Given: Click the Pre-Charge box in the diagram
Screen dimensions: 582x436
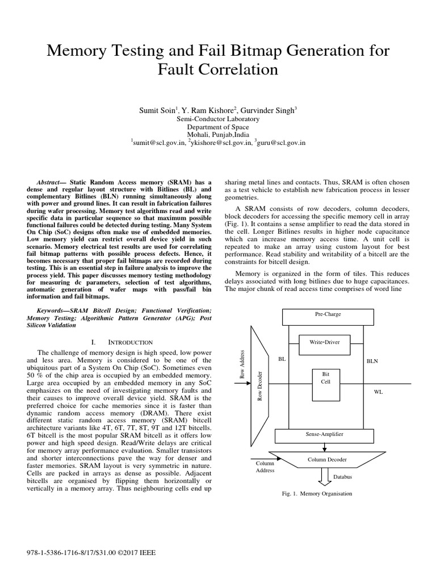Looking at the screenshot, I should pyautogui.click(x=328, y=314).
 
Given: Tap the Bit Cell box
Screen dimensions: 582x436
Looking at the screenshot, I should pyautogui.click(x=325, y=378).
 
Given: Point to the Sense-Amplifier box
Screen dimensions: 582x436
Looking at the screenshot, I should pyautogui.click(x=324, y=435).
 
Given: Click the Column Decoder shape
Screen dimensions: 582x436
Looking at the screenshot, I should pyautogui.click(x=326, y=459).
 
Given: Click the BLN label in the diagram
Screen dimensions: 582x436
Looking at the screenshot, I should pyautogui.click(x=372, y=360).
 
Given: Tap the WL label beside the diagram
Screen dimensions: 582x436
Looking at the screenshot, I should pyautogui.click(x=378, y=392).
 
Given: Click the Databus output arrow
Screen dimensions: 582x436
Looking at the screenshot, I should pyautogui.click(x=325, y=477).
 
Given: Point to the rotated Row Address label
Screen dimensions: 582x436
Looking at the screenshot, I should pyautogui.click(x=241, y=365).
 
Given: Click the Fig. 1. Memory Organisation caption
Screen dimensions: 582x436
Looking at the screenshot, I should pyautogui.click(x=317, y=493).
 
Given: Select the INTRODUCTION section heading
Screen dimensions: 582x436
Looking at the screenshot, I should pyautogui.click(x=126, y=342).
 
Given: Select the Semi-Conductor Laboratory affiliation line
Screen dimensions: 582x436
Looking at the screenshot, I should pyautogui.click(x=218, y=119).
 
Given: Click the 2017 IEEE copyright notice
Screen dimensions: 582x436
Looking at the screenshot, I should pyautogui.click(x=91, y=552).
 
